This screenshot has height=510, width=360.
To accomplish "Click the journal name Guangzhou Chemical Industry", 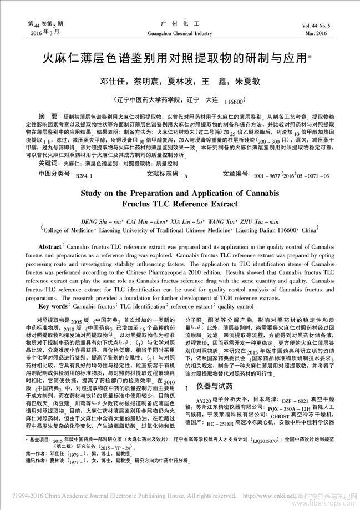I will tap(180, 33).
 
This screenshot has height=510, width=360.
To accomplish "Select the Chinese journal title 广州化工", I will tap(180, 24).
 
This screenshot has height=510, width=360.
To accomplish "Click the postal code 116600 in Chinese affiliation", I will tap(234, 103).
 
